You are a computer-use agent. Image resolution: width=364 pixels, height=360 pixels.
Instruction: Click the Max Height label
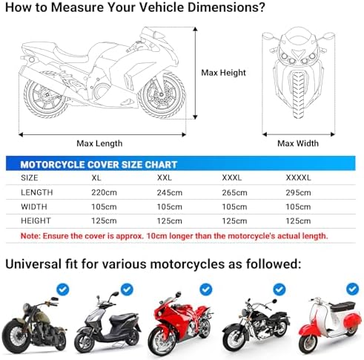point(223,73)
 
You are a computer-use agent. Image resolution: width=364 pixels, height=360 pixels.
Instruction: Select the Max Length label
point(99,143)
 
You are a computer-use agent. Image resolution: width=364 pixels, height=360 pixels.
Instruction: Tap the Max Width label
point(297,143)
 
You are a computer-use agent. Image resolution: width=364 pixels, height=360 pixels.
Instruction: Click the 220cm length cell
point(104,192)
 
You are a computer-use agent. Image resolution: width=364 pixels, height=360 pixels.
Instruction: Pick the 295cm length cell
point(300,192)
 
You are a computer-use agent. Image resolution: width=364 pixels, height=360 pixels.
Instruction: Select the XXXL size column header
point(234,178)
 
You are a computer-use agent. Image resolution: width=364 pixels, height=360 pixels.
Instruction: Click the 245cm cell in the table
point(170,192)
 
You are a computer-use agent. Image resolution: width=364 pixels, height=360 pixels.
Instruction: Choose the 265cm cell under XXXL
point(235,192)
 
